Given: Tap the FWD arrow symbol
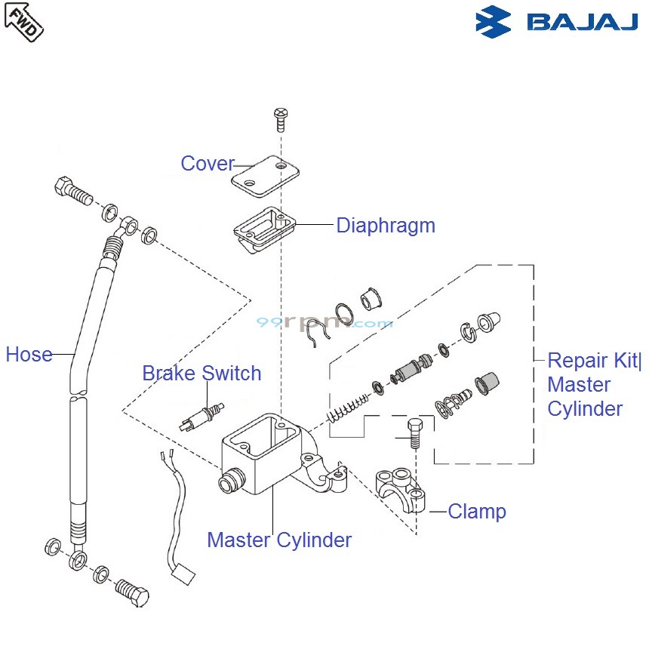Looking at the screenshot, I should click(24, 20).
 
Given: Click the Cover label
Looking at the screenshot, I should click(207, 164).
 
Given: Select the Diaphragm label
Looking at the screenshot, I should click(386, 225).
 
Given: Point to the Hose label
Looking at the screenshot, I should click(29, 354).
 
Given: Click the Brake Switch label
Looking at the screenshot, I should click(201, 374).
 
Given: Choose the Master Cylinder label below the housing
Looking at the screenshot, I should click(279, 540).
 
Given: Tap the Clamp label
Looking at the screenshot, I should click(477, 512).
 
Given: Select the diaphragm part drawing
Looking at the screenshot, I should click(263, 226).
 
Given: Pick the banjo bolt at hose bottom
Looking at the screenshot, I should click(132, 592).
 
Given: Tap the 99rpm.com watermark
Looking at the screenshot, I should click(324, 322).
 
